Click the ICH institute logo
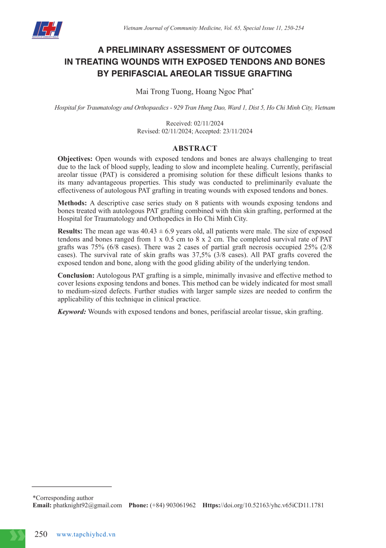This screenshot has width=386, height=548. (47, 30)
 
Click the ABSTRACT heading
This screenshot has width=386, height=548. (194, 148)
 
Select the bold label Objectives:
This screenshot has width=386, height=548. (75, 159)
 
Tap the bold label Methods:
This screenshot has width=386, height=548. (72, 203)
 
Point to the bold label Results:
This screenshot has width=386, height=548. (70, 232)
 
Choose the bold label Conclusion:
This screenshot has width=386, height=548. (76, 276)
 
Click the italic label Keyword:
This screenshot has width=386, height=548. (72, 312)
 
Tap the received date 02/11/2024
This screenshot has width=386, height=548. (209, 124)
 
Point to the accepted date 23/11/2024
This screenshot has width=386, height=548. (238, 131)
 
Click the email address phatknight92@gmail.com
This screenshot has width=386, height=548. (87, 506)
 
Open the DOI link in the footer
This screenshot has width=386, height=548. (263, 506)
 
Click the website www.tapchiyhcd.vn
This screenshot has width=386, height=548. (86, 535)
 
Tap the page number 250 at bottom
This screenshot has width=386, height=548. (41, 534)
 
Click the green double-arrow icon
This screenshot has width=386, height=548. (17, 535)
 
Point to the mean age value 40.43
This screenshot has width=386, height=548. (148, 232)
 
